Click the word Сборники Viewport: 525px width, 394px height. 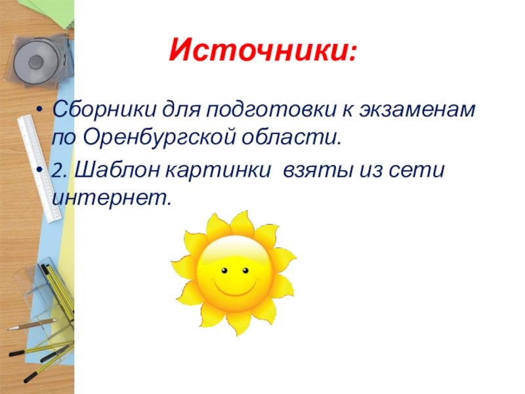coord(104,109)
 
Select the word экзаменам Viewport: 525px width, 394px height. coord(417,110)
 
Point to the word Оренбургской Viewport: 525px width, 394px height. coord(159,138)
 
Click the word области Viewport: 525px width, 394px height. coord(291,137)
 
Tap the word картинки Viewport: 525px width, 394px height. coord(218,170)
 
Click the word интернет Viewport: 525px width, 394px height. coord(112,198)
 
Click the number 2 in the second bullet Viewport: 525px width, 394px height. coord(58,171)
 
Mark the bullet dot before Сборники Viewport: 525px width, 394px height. coord(40,110)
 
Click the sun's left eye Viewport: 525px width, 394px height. coord(224,271)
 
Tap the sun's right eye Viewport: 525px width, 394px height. coord(245,271)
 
